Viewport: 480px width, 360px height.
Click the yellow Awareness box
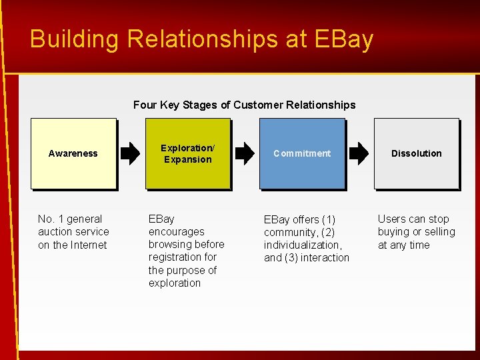pyautogui.click(x=73, y=153)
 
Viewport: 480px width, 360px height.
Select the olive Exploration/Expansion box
pyautogui.click(x=187, y=153)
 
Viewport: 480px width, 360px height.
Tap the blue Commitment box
pyautogui.click(x=302, y=153)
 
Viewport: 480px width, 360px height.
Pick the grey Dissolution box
pyautogui.click(x=416, y=153)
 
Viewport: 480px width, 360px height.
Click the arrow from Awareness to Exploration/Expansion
pyautogui.click(x=131, y=153)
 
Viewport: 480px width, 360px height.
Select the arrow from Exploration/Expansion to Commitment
pyautogui.click(x=245, y=153)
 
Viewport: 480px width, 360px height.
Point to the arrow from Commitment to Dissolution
pyautogui.click(x=359, y=153)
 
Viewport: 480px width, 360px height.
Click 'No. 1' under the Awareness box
pyautogui.click(x=51, y=219)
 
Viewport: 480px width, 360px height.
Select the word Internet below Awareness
pyautogui.click(x=89, y=245)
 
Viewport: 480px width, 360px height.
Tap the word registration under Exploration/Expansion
pyautogui.click(x=173, y=257)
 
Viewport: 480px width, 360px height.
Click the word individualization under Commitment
pyautogui.click(x=303, y=245)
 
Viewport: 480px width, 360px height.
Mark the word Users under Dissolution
pyautogui.click(x=392, y=219)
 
